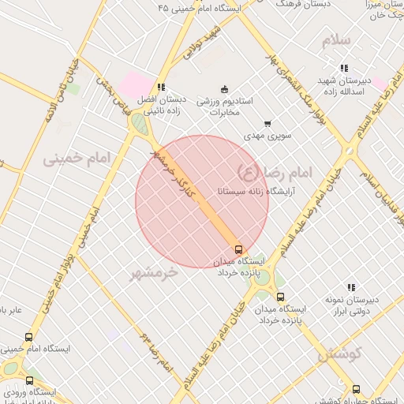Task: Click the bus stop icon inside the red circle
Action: (x=239, y=249)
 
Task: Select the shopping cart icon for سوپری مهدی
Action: (x=267, y=123)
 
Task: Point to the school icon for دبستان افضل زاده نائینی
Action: (x=161, y=87)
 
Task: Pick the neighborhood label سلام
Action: (x=341, y=40)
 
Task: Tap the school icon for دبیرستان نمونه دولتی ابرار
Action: (x=351, y=288)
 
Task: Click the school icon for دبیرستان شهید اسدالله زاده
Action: (x=343, y=69)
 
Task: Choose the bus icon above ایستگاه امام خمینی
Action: (x=29, y=337)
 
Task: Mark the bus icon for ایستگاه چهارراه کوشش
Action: (x=356, y=389)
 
